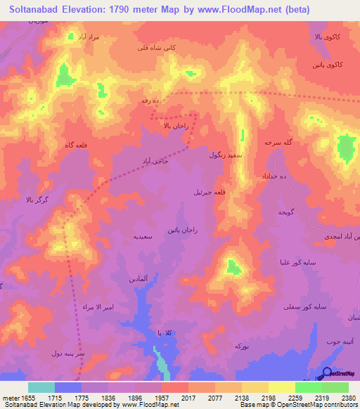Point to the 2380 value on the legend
(347, 398)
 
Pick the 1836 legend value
(108, 398)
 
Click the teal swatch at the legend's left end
(41, 387)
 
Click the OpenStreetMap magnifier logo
(327, 374)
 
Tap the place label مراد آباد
(89, 36)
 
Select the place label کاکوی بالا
(328, 35)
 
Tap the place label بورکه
(241, 346)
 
